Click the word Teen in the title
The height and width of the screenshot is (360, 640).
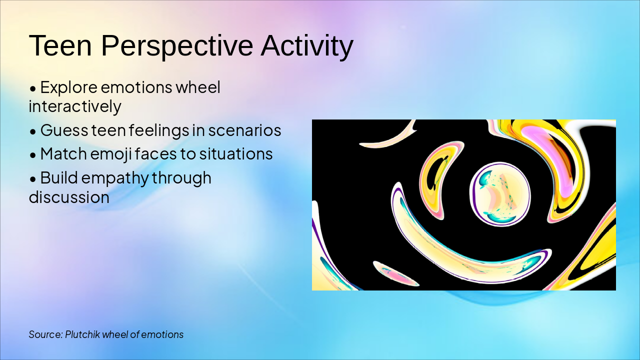pyautogui.click(x=60, y=45)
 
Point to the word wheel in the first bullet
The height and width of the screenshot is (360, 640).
pyautogui.click(x=198, y=87)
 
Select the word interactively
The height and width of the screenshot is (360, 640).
pyautogui.click(x=75, y=106)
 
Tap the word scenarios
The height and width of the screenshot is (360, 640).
pyautogui.click(x=244, y=130)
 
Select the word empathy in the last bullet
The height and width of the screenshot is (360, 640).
pyautogui.click(x=115, y=178)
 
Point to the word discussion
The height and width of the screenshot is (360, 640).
pyautogui.click(x=69, y=197)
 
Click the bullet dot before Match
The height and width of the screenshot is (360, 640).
pyautogui.click(x=33, y=155)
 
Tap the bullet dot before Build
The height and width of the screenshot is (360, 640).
pyautogui.click(x=33, y=179)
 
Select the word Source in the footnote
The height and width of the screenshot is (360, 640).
pyautogui.click(x=45, y=334)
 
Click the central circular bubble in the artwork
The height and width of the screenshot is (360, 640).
pyautogui.click(x=500, y=194)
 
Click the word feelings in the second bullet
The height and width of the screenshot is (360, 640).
pyautogui.click(x=159, y=131)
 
